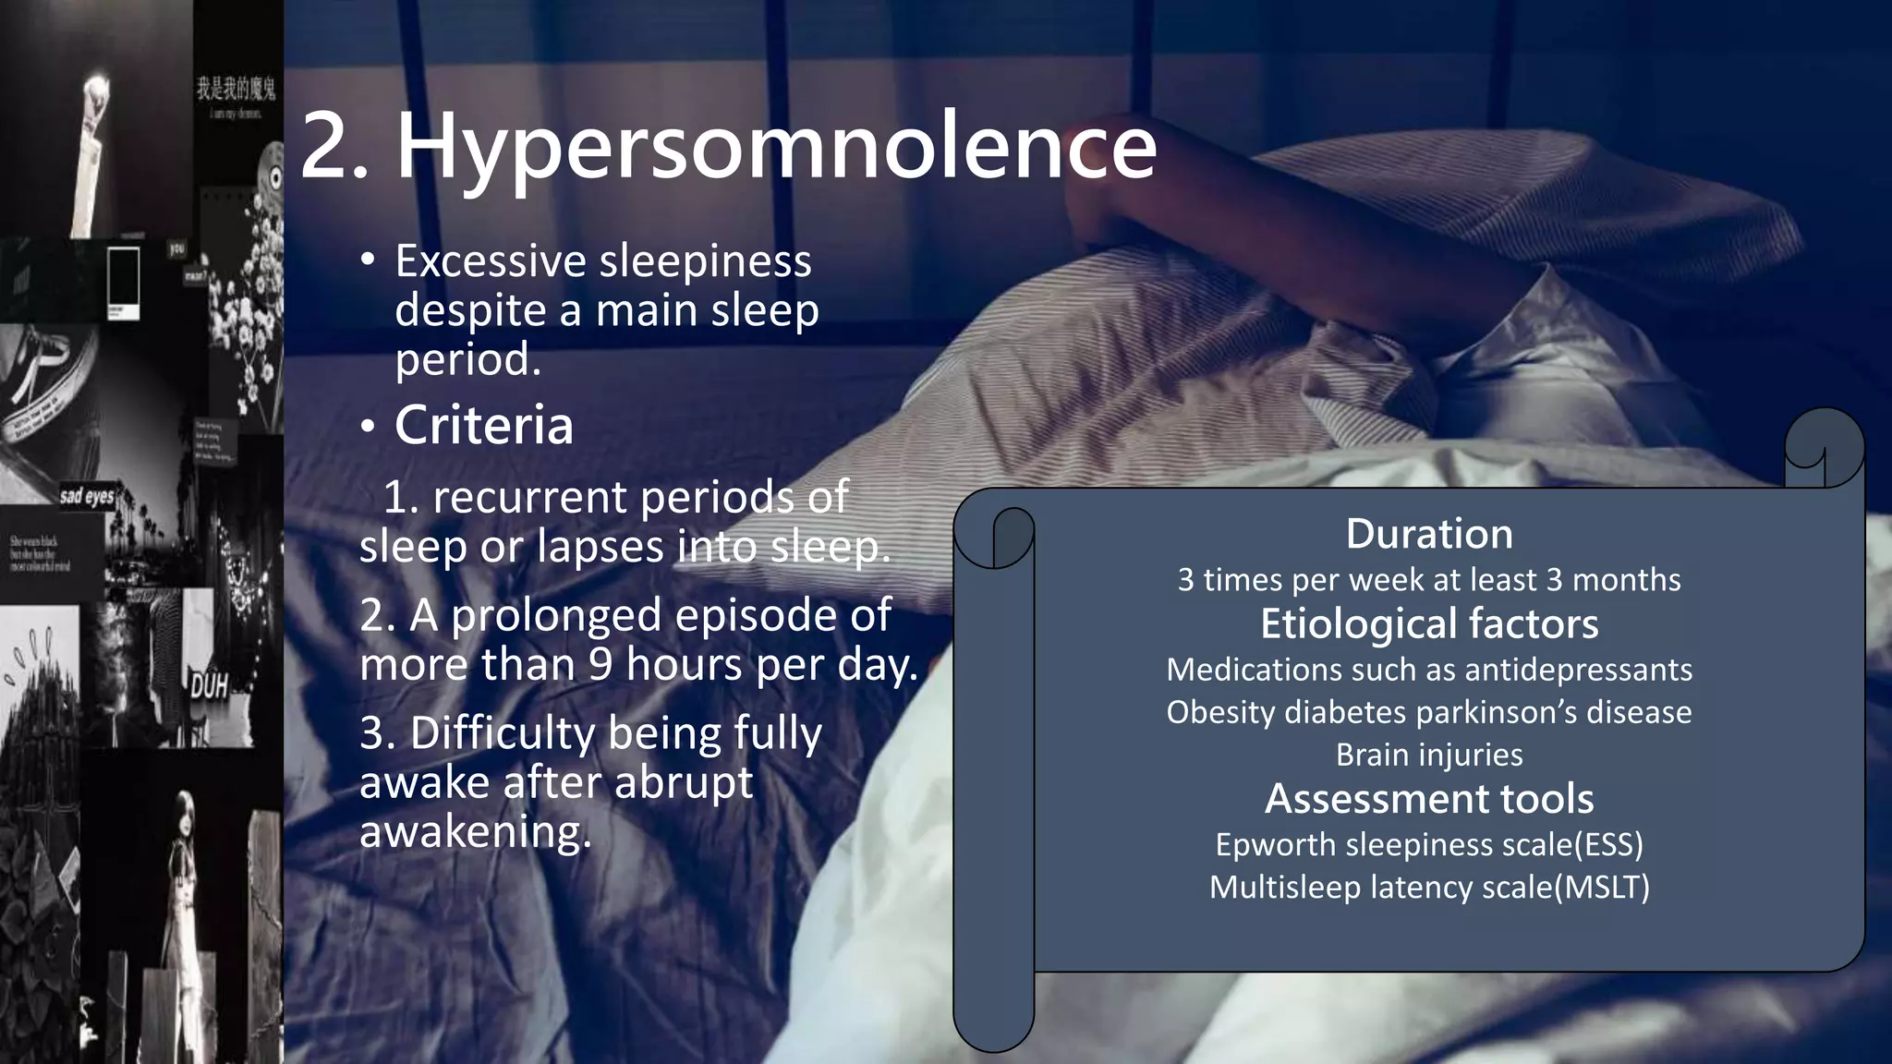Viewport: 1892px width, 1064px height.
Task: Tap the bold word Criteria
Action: tap(484, 426)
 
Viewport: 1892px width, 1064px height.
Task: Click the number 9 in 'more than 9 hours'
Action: tap(600, 664)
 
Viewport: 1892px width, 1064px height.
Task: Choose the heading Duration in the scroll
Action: tap(1429, 534)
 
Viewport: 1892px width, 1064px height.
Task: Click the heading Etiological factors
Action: tap(1429, 623)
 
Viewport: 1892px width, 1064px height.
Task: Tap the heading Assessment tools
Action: tap(1429, 799)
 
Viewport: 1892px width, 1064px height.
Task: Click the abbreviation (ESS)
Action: tap(1610, 844)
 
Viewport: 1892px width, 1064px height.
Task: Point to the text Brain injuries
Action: tap(1429, 755)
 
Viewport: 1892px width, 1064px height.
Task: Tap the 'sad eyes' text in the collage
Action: tap(87, 497)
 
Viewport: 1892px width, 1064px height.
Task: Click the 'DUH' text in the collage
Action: tap(209, 686)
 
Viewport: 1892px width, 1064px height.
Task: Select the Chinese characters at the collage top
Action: tap(236, 89)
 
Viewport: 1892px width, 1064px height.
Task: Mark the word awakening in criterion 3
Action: tap(475, 832)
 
